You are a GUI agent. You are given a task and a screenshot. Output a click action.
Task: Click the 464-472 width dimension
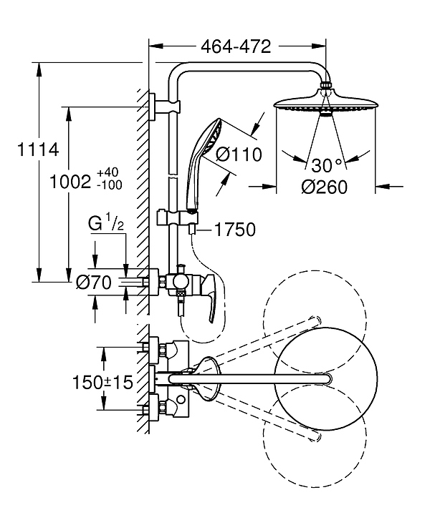[236, 46]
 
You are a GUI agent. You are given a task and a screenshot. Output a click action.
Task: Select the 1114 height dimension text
[38, 149]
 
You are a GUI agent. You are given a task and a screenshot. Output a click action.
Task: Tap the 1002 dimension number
[70, 182]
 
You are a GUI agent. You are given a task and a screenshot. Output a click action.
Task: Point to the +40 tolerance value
[108, 172]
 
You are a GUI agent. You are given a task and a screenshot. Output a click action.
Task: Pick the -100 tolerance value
[110, 185]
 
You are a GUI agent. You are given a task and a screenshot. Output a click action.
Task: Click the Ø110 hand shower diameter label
[239, 154]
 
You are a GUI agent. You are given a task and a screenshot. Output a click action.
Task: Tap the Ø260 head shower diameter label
[325, 187]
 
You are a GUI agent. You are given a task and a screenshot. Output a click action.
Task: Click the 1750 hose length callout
[235, 230]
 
